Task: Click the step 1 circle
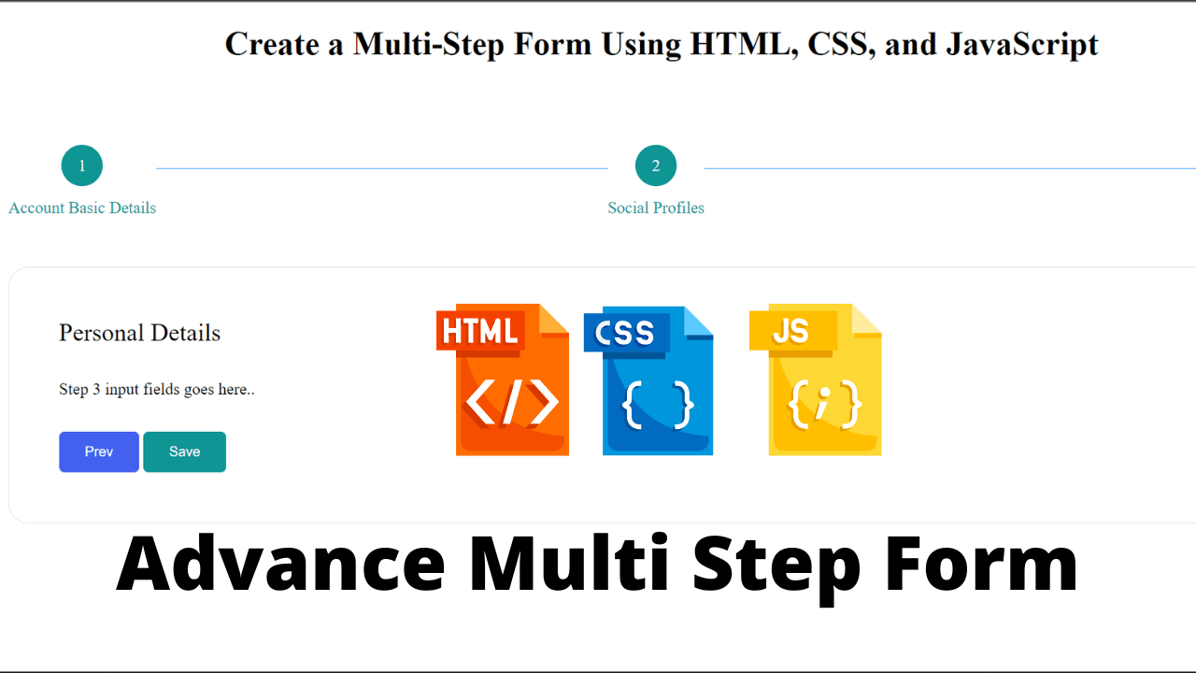coord(82,165)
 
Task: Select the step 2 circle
coord(655,165)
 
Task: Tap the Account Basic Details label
coord(82,208)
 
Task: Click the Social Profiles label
coord(655,208)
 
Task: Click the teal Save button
coord(184,451)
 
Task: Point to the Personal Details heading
coord(139,333)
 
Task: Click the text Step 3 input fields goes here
coord(156,389)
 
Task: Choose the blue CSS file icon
coord(651,380)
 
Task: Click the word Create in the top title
coord(272,44)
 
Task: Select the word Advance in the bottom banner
coord(280,566)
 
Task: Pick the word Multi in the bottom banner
coord(570,566)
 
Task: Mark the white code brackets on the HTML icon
coord(511,403)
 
